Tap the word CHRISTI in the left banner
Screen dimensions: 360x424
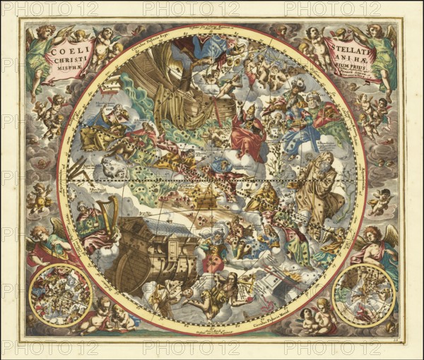[x=66, y=61]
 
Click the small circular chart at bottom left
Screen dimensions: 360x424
[x=61, y=295]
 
